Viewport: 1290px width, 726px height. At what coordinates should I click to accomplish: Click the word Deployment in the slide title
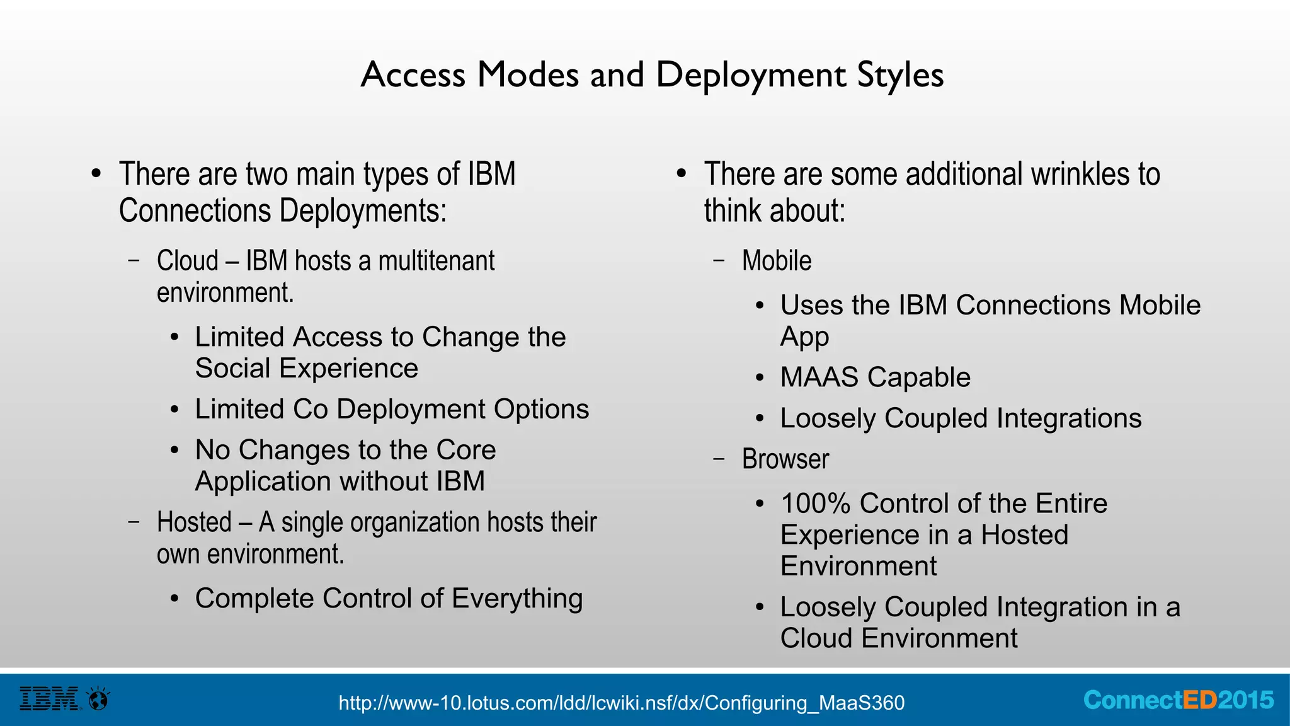tap(750, 75)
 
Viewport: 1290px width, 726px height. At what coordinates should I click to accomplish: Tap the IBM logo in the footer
tap(50, 699)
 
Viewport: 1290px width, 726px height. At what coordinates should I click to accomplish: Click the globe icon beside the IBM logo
tap(98, 698)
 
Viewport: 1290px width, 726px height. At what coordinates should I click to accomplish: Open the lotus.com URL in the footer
tap(621, 702)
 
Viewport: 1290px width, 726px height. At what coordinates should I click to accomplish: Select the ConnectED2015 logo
tap(1178, 700)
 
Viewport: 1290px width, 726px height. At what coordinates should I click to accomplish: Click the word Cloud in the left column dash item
tap(188, 261)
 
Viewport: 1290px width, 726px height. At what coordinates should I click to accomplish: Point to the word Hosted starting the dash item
tap(194, 522)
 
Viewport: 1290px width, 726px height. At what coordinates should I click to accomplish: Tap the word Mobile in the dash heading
tap(777, 261)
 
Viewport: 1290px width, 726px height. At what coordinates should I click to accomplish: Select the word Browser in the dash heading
tap(785, 459)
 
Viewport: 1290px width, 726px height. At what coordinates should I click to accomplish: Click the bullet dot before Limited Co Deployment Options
tap(174, 410)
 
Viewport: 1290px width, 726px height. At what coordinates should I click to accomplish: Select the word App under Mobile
tap(804, 337)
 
